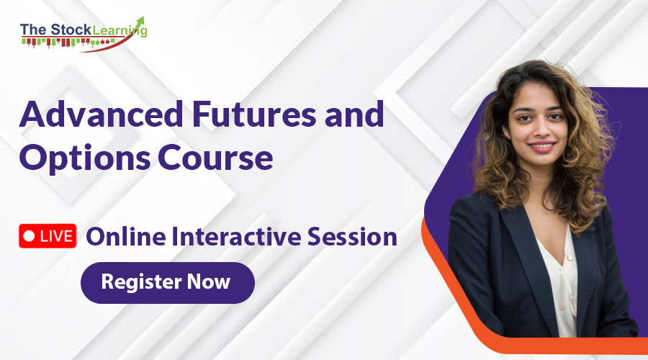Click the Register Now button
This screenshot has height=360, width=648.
point(167,282)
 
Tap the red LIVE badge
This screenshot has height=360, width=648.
point(48,235)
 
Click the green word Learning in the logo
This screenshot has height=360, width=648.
point(120,31)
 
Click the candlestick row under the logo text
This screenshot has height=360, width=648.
point(68,42)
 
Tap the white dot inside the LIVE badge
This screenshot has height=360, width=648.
point(29,235)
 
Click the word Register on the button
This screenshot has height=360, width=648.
point(141,282)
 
